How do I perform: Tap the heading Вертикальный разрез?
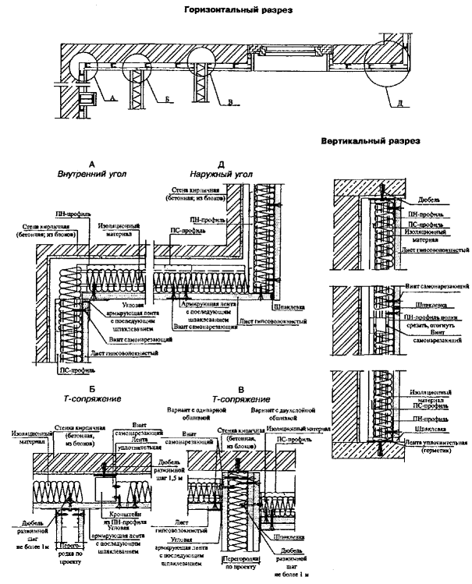pos(371,142)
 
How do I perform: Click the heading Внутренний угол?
pos(92,175)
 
